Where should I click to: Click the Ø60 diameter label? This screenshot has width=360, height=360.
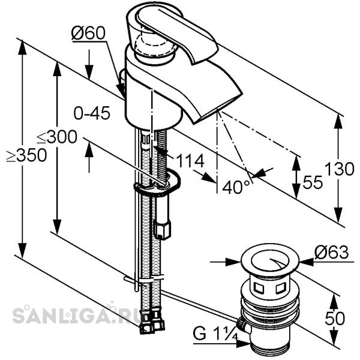pos(88,33)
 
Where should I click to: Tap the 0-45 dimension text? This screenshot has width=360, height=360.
pos(92,113)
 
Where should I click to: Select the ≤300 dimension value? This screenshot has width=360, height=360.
pos(57,137)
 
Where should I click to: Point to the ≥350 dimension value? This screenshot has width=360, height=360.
pos(26,155)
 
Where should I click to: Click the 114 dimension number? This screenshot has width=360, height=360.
pos(190,161)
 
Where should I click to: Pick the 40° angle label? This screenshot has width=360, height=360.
pos(236,187)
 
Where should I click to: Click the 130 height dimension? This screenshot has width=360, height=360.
pos(340,169)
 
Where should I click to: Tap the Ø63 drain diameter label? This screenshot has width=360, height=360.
pos(332,252)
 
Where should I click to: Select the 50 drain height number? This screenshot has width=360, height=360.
pos(335,318)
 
